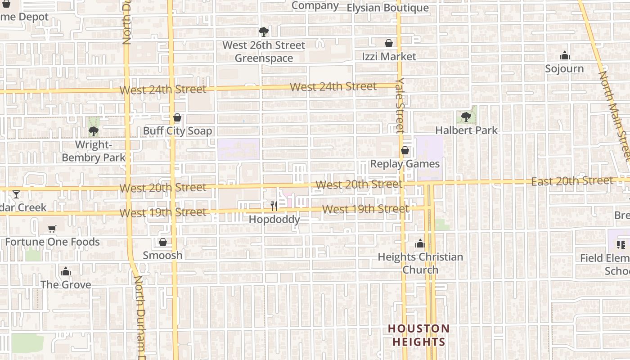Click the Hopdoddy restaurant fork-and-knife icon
click(274, 206)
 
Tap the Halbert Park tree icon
click(466, 117)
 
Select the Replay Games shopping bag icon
click(405, 150)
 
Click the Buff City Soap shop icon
click(177, 118)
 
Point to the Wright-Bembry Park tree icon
click(94, 131)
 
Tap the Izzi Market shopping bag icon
click(389, 43)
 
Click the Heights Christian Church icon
click(420, 244)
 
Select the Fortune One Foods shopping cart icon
click(52, 229)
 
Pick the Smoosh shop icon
click(163, 243)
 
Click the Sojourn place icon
click(564, 56)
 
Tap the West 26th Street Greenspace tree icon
click(264, 32)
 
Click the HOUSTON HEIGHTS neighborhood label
click(419, 335)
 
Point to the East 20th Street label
click(572, 181)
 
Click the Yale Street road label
click(400, 105)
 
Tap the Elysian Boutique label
click(387, 8)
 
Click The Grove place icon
click(66, 272)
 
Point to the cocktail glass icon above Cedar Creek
click(16, 194)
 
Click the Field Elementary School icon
click(621, 245)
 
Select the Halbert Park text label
click(467, 130)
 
